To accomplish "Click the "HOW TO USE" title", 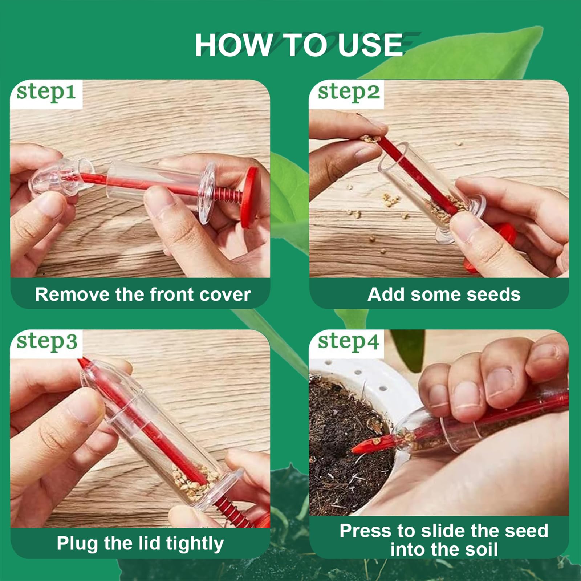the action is tap(298, 45).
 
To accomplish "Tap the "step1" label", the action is tap(46, 92).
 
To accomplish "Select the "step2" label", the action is tap(349, 92).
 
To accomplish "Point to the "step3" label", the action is tap(47, 342).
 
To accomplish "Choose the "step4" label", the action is tap(349, 342).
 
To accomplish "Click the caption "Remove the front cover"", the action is tap(143, 294).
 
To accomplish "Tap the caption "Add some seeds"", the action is tap(444, 294).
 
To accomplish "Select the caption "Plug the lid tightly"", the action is tap(140, 544).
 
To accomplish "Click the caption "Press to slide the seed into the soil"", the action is tap(444, 540).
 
